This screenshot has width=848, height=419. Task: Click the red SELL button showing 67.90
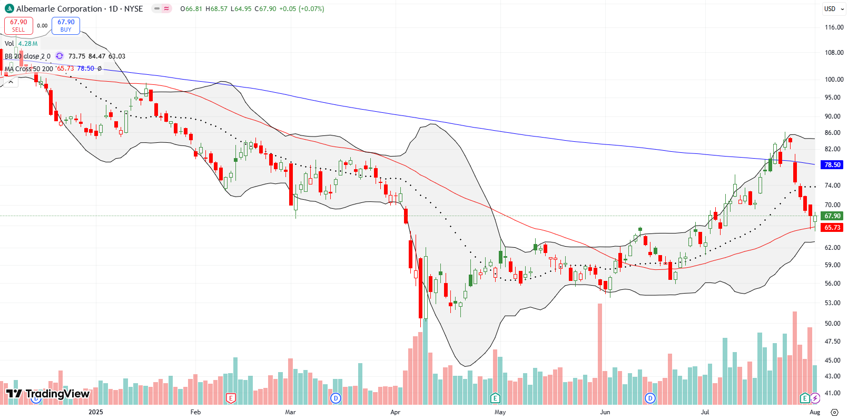coord(18,25)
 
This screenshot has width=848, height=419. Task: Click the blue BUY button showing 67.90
coord(66,25)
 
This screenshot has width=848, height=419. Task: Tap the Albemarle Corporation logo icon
coord(9,8)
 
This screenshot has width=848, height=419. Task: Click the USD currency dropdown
coord(834,8)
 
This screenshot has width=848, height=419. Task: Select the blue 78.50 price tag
coord(832,165)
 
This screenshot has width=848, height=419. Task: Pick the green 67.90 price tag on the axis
coord(832,216)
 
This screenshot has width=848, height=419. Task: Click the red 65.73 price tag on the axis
coord(832,228)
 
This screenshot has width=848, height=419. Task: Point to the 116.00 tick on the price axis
coord(834,27)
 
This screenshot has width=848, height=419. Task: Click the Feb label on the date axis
coord(195,412)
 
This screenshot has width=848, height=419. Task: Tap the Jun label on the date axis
coord(605,412)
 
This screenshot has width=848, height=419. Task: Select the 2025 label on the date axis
coord(96,412)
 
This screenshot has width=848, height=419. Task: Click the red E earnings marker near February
coord(230,398)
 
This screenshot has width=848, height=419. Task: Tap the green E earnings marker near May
coord(495,398)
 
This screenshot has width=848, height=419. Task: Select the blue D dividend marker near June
coord(650,398)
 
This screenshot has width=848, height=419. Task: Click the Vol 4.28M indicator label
coord(21,44)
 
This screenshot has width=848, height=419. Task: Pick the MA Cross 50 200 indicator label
coord(29,69)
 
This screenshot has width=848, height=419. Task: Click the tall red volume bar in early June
coord(599,353)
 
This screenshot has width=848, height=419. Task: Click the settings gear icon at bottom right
coord(834,412)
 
